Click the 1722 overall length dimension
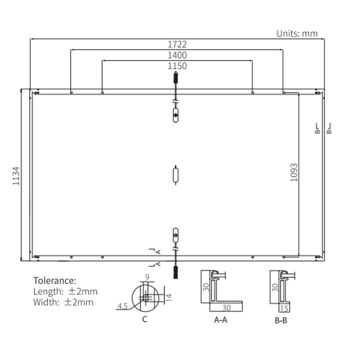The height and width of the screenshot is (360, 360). (x=177, y=44)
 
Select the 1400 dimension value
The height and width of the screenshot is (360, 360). (x=177, y=55)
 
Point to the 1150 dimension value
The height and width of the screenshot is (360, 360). (x=177, y=66)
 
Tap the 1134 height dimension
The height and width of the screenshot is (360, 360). (x=16, y=176)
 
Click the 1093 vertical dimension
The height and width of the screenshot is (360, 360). (x=294, y=172)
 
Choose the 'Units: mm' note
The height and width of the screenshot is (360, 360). (x=297, y=34)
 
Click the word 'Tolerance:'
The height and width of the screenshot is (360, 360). (x=55, y=281)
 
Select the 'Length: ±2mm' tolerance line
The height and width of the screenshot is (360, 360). (x=65, y=291)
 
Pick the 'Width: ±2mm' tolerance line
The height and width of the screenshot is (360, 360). (x=63, y=302)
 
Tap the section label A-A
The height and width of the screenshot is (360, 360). (x=221, y=320)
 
